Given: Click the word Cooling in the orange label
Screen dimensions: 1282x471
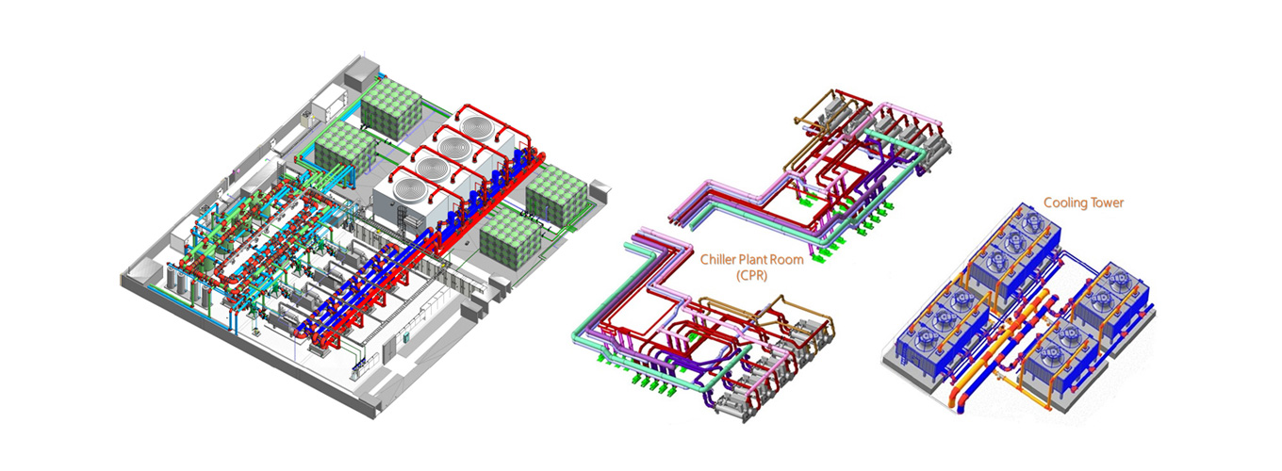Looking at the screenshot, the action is [1063, 203].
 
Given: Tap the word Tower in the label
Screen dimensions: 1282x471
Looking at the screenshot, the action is [1106, 203].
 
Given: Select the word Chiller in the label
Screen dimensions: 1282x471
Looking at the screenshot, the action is [717, 259].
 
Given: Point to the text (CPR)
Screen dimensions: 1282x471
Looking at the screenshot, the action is [751, 275].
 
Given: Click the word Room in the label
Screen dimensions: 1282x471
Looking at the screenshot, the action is [787, 259].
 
